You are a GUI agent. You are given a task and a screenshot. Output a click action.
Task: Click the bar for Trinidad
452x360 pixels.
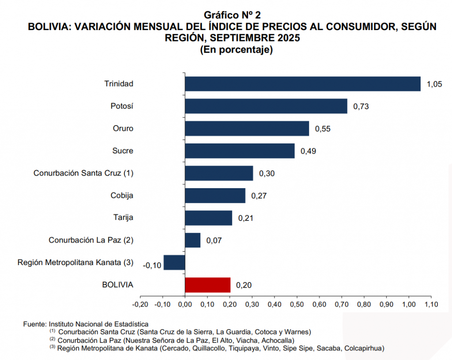[302, 83]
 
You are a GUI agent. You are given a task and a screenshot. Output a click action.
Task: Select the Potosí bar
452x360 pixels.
[266, 106]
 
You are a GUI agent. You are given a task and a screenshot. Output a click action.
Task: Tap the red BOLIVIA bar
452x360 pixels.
[207, 285]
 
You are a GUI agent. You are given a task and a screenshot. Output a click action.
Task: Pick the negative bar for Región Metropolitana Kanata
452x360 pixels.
[174, 262]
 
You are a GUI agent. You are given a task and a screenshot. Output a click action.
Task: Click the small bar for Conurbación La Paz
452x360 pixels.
[192, 240]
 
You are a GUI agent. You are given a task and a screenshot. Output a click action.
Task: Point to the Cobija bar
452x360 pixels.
[215, 195]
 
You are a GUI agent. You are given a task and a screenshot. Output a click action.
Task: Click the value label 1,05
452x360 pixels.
[434, 84]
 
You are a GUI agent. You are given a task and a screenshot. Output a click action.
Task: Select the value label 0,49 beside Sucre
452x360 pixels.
[308, 151]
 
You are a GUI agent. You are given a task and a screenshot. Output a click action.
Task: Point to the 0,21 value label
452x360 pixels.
[246, 218]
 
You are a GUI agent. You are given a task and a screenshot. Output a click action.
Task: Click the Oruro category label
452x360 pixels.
[123, 129]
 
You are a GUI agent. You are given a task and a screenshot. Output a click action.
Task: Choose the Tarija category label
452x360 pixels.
[123, 218]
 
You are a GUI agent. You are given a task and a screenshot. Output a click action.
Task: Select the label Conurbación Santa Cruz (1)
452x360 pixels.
[83, 173]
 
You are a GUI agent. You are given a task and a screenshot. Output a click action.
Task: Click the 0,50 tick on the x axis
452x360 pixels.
[297, 304]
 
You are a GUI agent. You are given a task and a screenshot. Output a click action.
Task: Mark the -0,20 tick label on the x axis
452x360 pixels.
[140, 304]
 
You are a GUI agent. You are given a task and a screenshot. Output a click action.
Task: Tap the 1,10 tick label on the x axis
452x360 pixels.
[431, 304]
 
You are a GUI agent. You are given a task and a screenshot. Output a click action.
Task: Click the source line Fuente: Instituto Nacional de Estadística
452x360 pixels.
[86, 324]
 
